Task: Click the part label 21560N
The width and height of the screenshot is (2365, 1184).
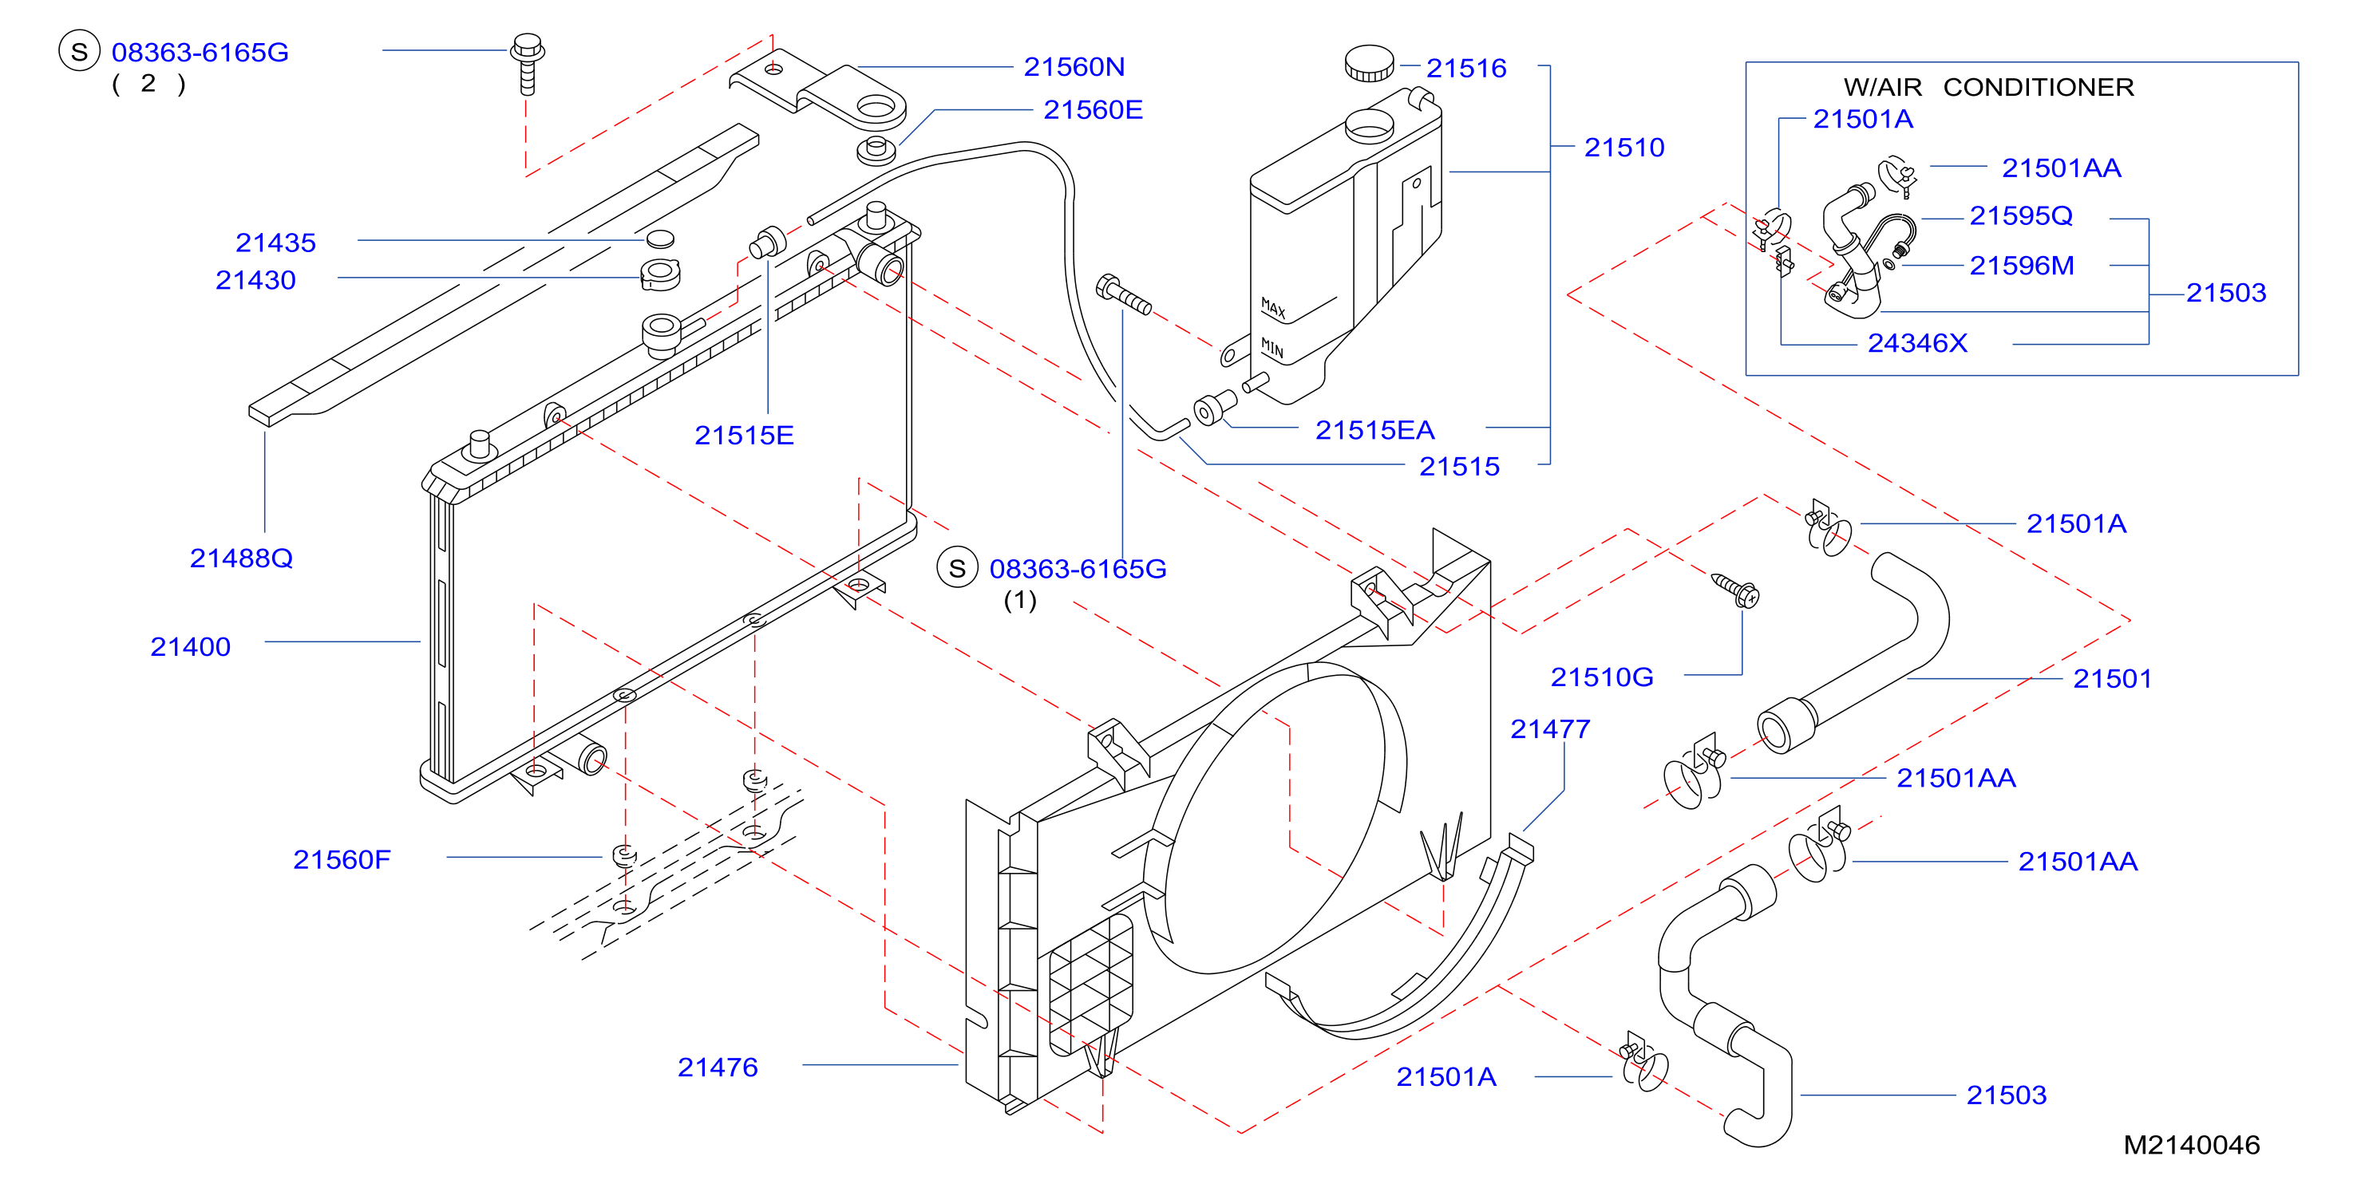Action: coord(1074,67)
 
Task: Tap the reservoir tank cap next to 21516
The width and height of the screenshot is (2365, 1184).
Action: coord(1369,63)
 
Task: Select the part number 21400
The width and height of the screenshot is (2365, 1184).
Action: coord(190,647)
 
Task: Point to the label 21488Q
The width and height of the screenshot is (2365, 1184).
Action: coord(240,558)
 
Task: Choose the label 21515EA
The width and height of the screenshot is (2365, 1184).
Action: coord(1374,431)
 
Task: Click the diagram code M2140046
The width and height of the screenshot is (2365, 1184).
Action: coord(2192,1145)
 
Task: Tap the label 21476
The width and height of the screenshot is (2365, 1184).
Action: coord(717,1068)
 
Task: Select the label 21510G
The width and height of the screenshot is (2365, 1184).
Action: coord(1601,677)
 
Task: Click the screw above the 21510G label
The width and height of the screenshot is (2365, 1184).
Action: coord(1734,590)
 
